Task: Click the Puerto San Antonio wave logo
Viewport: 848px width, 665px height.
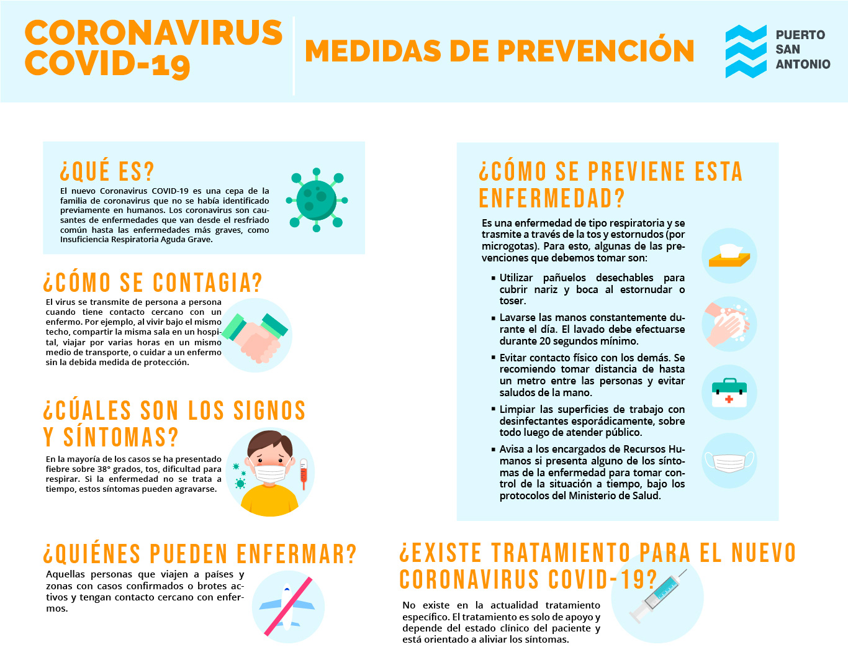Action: [x=746, y=52]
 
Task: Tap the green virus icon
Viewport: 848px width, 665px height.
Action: [x=317, y=200]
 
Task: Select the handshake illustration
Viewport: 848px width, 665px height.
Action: [x=256, y=335]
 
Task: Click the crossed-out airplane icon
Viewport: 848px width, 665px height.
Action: [x=287, y=607]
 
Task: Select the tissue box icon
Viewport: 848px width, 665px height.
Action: [x=729, y=255]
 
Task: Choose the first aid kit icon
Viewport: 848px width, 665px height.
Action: [x=729, y=392]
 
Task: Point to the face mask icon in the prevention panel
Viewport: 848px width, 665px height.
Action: [x=729, y=461]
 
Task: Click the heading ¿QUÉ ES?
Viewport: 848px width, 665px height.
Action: [x=107, y=171]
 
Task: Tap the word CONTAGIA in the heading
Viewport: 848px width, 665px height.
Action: [x=207, y=283]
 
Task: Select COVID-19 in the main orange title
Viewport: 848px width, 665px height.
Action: [x=107, y=65]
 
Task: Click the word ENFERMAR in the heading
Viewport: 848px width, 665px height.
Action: [x=297, y=554]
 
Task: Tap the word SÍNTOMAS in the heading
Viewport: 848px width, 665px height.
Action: [x=120, y=437]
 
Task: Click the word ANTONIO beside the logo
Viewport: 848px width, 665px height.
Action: [x=803, y=64]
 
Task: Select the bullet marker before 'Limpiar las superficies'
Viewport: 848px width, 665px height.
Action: [x=493, y=410]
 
